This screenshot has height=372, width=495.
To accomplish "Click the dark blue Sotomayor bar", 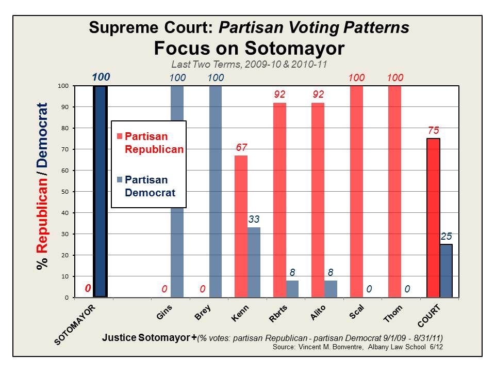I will (x=100, y=191).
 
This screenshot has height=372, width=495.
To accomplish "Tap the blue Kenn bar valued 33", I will (x=254, y=262).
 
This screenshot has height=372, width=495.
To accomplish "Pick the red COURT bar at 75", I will (x=433, y=218).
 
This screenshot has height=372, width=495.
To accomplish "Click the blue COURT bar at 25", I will (x=446, y=271).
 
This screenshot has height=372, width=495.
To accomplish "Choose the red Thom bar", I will (x=394, y=191).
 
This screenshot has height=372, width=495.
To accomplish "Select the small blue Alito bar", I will (x=331, y=289).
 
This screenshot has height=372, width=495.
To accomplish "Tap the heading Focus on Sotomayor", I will (x=249, y=48).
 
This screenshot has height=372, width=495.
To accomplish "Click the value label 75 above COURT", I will (x=433, y=131).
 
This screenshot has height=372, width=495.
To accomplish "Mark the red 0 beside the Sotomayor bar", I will (x=88, y=289).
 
